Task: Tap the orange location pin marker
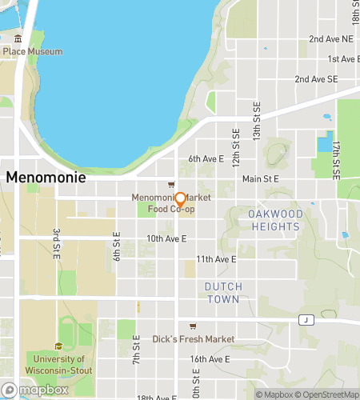pyautogui.click(x=181, y=199)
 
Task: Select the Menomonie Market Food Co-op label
pyautogui.click(x=163, y=203)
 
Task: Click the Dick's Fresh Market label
pyautogui.click(x=194, y=339)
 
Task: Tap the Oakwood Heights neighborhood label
pyautogui.click(x=274, y=220)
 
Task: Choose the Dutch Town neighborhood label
pyautogui.click(x=222, y=292)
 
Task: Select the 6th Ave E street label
pyautogui.click(x=206, y=159)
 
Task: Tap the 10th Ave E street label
pyautogui.click(x=166, y=238)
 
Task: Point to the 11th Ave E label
pyautogui.click(x=216, y=259)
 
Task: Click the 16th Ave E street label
pyautogui.click(x=210, y=360)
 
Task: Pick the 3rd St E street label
pyautogui.click(x=55, y=243)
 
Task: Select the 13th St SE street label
pyautogui.click(x=258, y=121)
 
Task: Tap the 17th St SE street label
pyautogui.click(x=337, y=159)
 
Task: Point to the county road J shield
pyautogui.click(x=304, y=320)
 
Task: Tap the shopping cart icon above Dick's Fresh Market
pyautogui.click(x=193, y=326)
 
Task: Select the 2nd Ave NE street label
pyautogui.click(x=331, y=38)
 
